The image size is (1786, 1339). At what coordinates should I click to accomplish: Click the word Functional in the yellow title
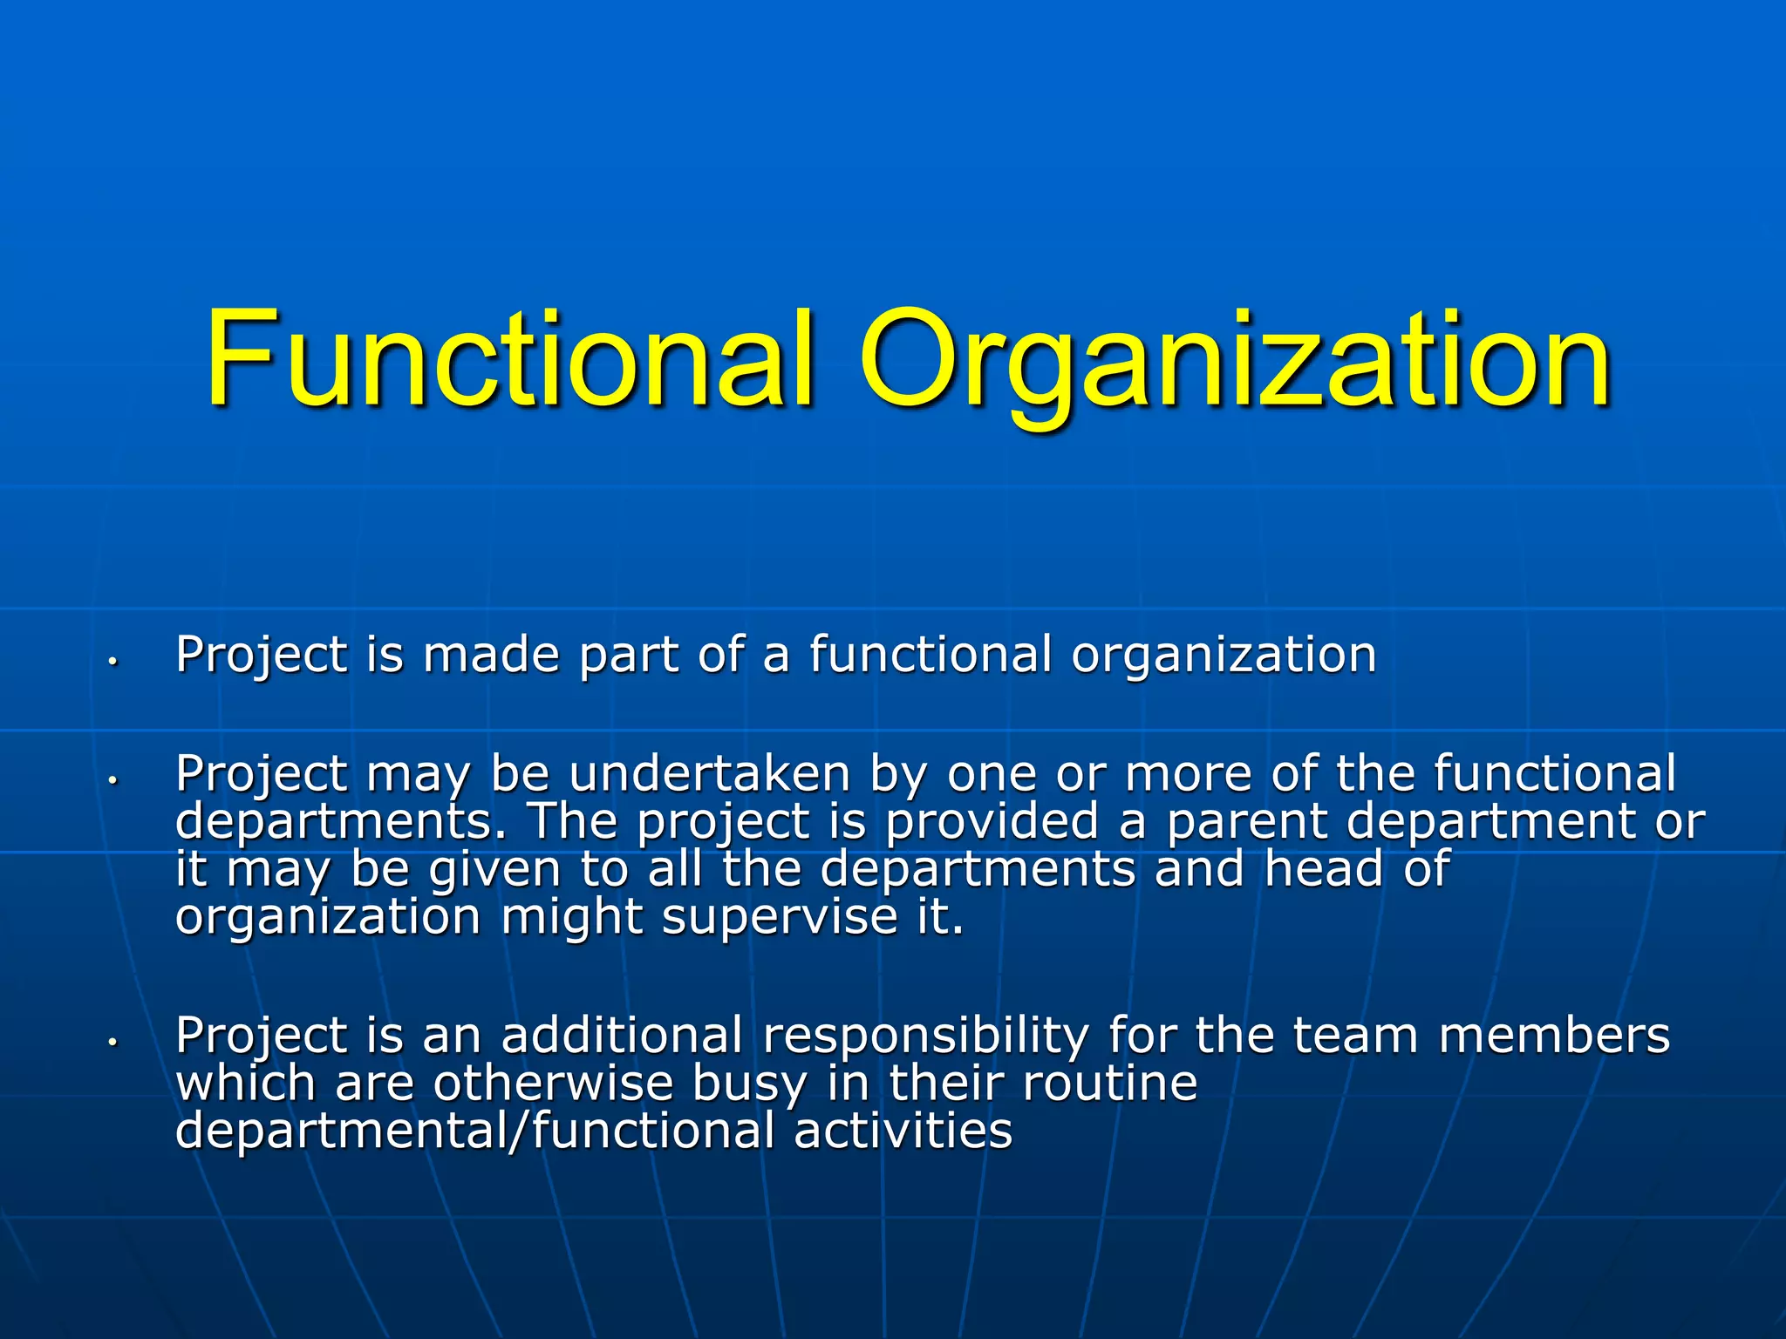(x=510, y=359)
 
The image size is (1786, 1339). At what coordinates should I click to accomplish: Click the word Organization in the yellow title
(x=1235, y=359)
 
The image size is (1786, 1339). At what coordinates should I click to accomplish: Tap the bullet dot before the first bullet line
(x=112, y=662)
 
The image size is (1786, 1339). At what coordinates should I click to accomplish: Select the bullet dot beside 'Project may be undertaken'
(x=112, y=781)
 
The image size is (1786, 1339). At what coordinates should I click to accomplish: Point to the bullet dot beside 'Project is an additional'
(x=112, y=1043)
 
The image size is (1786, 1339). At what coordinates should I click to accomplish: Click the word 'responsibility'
(x=925, y=1037)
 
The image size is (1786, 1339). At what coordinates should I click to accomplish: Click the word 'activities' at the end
(x=903, y=1131)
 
